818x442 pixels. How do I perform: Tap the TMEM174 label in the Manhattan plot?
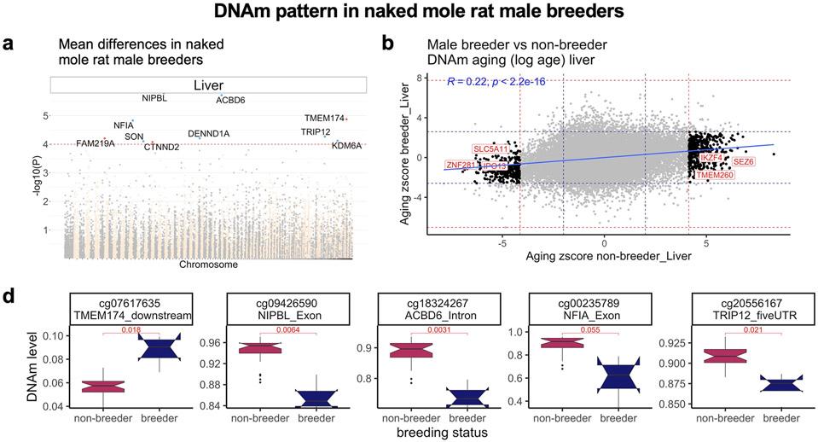click(323, 118)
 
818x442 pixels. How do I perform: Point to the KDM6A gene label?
click(346, 146)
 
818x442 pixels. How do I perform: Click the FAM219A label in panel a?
click(95, 143)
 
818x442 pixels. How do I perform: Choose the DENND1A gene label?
click(209, 134)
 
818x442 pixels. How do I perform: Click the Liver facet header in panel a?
click(208, 84)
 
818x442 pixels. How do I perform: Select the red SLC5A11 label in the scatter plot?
click(490, 149)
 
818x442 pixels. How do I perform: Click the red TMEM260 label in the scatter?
click(714, 175)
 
